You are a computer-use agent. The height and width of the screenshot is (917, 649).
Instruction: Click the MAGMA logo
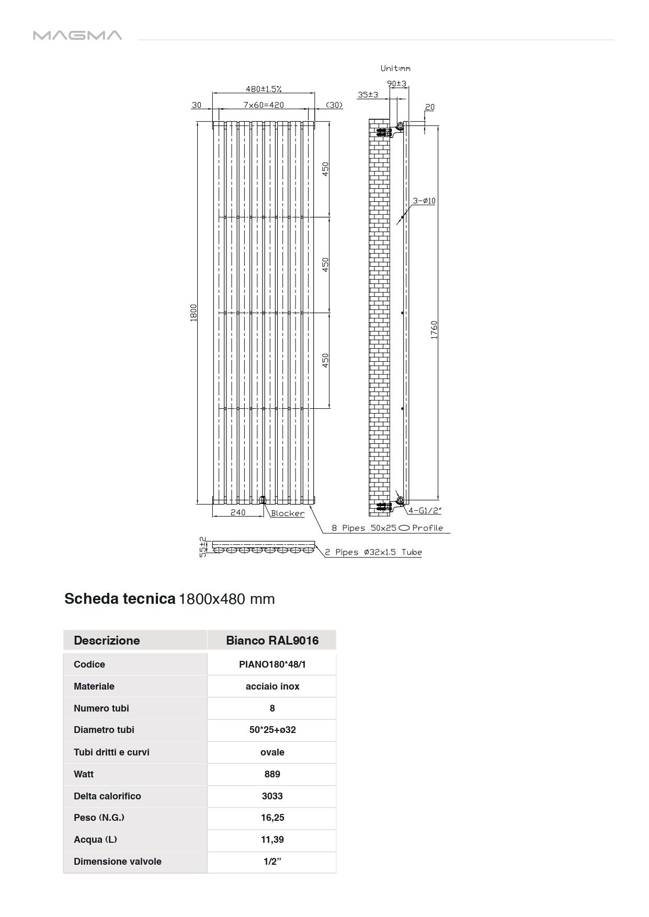(x=77, y=36)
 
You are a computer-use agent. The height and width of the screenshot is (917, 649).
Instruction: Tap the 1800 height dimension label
(x=193, y=313)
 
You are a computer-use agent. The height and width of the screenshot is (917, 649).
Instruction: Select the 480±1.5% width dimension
(x=264, y=89)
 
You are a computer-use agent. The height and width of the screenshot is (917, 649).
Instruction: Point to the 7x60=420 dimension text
(x=264, y=105)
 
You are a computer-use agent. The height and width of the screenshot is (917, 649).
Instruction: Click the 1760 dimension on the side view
(x=434, y=330)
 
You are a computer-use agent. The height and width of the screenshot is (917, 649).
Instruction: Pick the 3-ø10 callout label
(x=424, y=201)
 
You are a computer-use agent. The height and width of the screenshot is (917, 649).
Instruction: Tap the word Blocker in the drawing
(x=288, y=513)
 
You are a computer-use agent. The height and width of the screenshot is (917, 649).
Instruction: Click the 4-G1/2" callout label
(x=425, y=510)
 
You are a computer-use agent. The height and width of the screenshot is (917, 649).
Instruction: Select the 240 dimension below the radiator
(x=238, y=512)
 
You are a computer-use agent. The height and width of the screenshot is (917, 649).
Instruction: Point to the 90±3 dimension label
(x=397, y=84)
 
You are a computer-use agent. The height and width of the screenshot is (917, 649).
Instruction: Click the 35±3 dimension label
(x=368, y=95)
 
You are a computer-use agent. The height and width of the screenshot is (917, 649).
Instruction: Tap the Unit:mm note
(x=395, y=68)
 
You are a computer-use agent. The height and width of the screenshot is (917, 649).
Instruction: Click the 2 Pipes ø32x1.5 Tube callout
(x=373, y=552)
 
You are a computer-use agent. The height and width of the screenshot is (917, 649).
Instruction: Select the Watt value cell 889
(x=272, y=774)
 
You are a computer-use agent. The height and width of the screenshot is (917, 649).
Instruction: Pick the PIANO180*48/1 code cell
(x=272, y=664)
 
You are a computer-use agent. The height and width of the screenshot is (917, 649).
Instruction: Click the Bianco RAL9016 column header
(x=272, y=640)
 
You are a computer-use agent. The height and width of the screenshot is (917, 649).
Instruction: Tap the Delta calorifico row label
(x=107, y=796)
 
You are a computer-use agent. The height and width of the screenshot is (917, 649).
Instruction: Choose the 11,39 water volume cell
(x=272, y=840)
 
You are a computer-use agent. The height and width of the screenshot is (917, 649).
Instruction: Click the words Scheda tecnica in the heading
(x=120, y=599)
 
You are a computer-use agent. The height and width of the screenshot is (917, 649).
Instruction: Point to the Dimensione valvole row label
(x=118, y=862)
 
